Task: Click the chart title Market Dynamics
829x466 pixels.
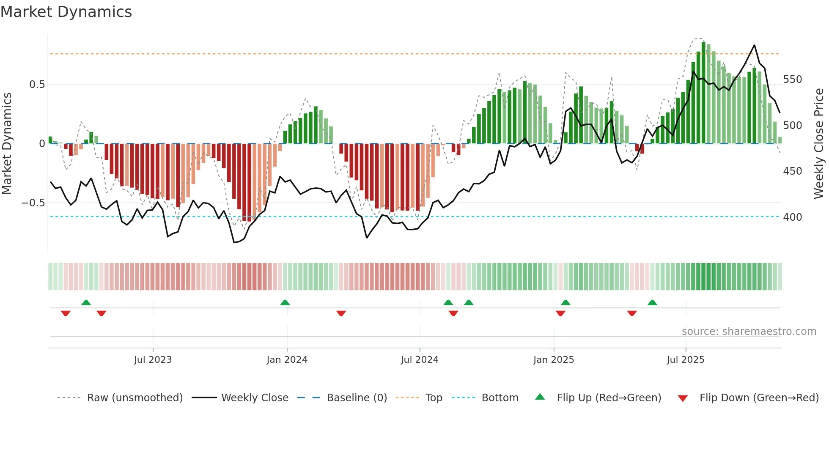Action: coord(66,12)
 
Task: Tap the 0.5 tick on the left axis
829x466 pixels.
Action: coord(37,85)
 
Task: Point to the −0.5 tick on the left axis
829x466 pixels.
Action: coord(33,203)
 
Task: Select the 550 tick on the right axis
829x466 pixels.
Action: coord(792,79)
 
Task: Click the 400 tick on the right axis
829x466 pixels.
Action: coord(792,217)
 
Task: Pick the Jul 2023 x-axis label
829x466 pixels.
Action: coord(153,360)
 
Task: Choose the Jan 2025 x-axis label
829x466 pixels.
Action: coord(553,360)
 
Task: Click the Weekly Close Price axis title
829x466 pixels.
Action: coord(819,143)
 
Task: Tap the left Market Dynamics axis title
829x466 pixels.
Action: coord(7,143)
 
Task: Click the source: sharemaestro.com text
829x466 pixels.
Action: coord(749,332)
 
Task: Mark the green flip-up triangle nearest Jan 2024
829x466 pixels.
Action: coord(285,303)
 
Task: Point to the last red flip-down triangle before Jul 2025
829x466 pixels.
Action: coord(632,313)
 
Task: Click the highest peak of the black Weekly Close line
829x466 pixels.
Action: coord(754,45)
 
